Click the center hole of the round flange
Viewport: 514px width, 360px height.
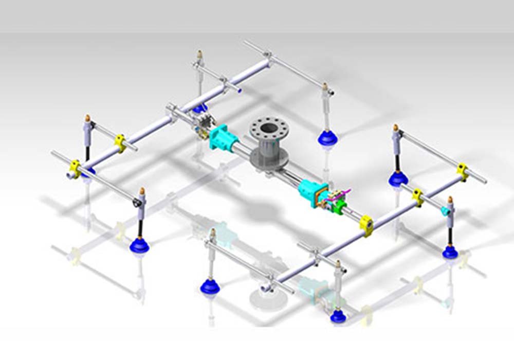point(268,128)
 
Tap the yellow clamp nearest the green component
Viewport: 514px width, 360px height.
point(366,225)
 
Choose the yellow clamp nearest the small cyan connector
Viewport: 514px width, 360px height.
point(417,196)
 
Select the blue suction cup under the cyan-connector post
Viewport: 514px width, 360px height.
point(450,251)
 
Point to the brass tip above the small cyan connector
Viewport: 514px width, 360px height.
point(450,200)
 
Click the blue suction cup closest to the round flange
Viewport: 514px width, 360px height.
point(327,137)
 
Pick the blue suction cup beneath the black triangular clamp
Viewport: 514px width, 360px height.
point(139,245)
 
